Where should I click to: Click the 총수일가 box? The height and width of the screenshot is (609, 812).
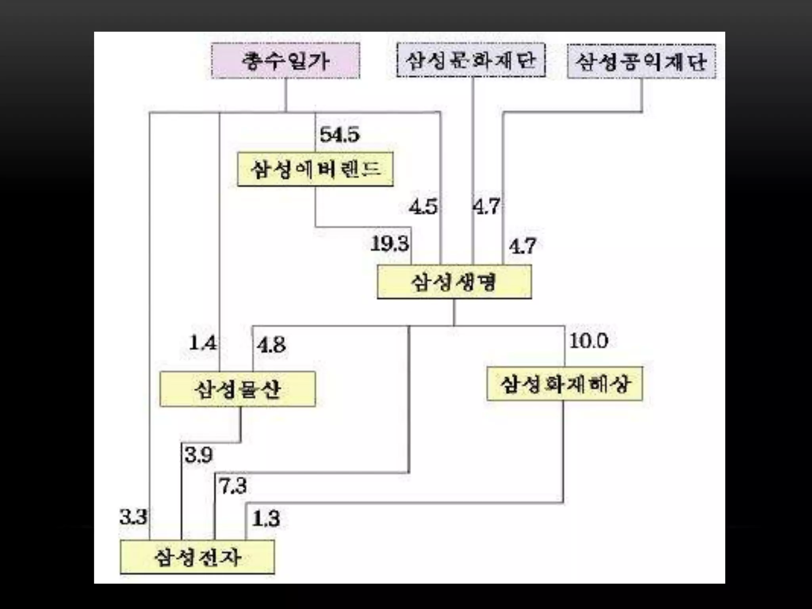[285, 61]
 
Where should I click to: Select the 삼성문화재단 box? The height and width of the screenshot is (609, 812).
[471, 60]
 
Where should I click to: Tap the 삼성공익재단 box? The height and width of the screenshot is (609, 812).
[642, 61]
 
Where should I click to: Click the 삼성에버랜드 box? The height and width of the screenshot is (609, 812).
[315, 169]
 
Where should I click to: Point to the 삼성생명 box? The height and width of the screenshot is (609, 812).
[454, 282]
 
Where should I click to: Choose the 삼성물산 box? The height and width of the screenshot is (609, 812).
[237, 389]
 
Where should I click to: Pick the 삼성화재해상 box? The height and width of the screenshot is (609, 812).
[565, 384]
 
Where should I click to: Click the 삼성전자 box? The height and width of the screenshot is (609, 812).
[197, 557]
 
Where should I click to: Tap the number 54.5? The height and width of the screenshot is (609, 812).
[340, 134]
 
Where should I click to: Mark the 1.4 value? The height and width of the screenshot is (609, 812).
[203, 343]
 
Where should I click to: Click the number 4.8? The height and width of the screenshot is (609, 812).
[271, 345]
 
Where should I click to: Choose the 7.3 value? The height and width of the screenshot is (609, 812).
[233, 486]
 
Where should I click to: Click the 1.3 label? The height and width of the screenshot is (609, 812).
[266, 519]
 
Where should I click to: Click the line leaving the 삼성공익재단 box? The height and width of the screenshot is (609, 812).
[642, 95]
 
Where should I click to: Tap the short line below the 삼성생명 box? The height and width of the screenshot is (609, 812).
[454, 312]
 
